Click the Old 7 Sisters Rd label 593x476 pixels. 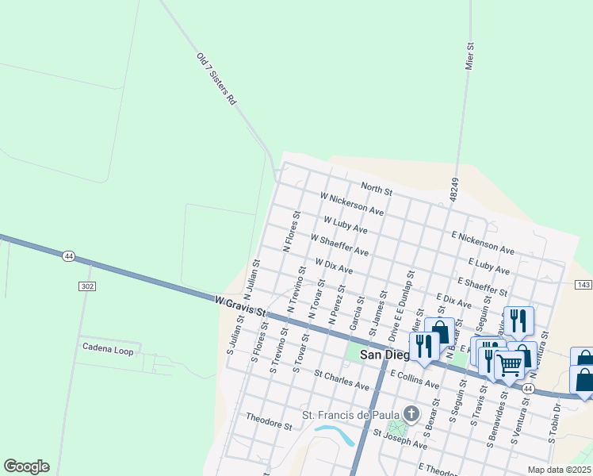click(216, 79)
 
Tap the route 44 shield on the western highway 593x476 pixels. click(69, 256)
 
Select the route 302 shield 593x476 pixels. click(86, 286)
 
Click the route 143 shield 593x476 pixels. click(583, 284)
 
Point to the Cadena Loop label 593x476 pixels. click(108, 347)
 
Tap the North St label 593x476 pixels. click(377, 188)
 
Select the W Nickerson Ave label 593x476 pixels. click(352, 204)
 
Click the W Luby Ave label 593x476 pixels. click(346, 223)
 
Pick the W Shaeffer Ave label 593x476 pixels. click(339, 244)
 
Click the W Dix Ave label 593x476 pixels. click(334, 265)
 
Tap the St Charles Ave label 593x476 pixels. click(342, 379)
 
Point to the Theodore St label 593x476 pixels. click(269, 420)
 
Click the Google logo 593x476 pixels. click(26, 466)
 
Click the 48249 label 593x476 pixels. click(453, 188)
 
